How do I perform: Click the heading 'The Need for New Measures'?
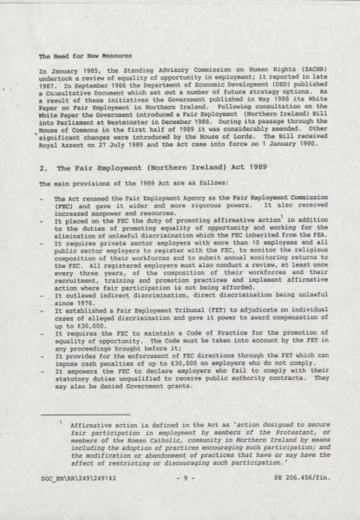85,56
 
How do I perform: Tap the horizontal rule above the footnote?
85,415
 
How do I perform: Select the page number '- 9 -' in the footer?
185,478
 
